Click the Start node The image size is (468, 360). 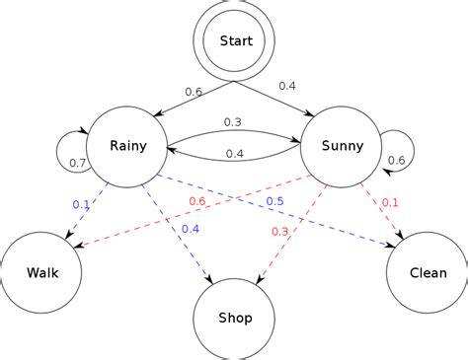pos(236,40)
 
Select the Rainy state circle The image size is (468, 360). pos(128,147)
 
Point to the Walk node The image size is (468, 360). pos(42,273)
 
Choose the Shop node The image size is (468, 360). pos(235,318)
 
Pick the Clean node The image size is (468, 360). pos(427,273)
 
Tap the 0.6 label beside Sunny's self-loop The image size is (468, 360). pos(396,161)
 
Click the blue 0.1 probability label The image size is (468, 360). pos(82,204)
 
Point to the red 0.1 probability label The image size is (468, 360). pos(390,202)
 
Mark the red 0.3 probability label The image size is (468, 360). pos(278,231)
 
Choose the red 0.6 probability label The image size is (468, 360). pos(197,201)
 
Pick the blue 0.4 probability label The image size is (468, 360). pos(191,229)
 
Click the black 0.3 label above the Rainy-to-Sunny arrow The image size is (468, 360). pos(233,122)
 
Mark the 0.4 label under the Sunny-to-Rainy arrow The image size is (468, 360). pos(235,154)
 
